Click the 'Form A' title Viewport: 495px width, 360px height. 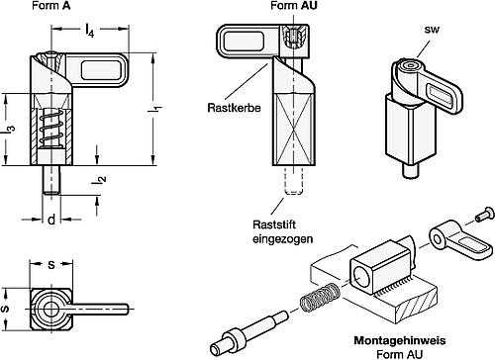click(51, 6)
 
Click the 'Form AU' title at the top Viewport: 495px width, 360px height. click(294, 6)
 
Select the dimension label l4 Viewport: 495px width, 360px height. click(89, 31)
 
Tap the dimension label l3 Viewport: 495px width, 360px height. click(10, 129)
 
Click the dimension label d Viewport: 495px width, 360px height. click(51, 220)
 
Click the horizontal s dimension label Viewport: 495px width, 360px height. click(51, 264)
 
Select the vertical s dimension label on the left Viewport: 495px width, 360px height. click(6, 309)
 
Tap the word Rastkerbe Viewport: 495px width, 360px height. click(234, 108)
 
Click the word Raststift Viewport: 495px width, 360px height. click(274, 225)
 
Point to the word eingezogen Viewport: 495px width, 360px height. click(283, 238)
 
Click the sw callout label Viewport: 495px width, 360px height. click(432, 30)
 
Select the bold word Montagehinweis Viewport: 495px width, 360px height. click(400, 340)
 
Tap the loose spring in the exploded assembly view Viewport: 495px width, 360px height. click(317, 298)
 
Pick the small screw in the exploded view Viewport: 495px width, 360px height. click(485, 213)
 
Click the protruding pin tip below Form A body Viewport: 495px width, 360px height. click(51, 180)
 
